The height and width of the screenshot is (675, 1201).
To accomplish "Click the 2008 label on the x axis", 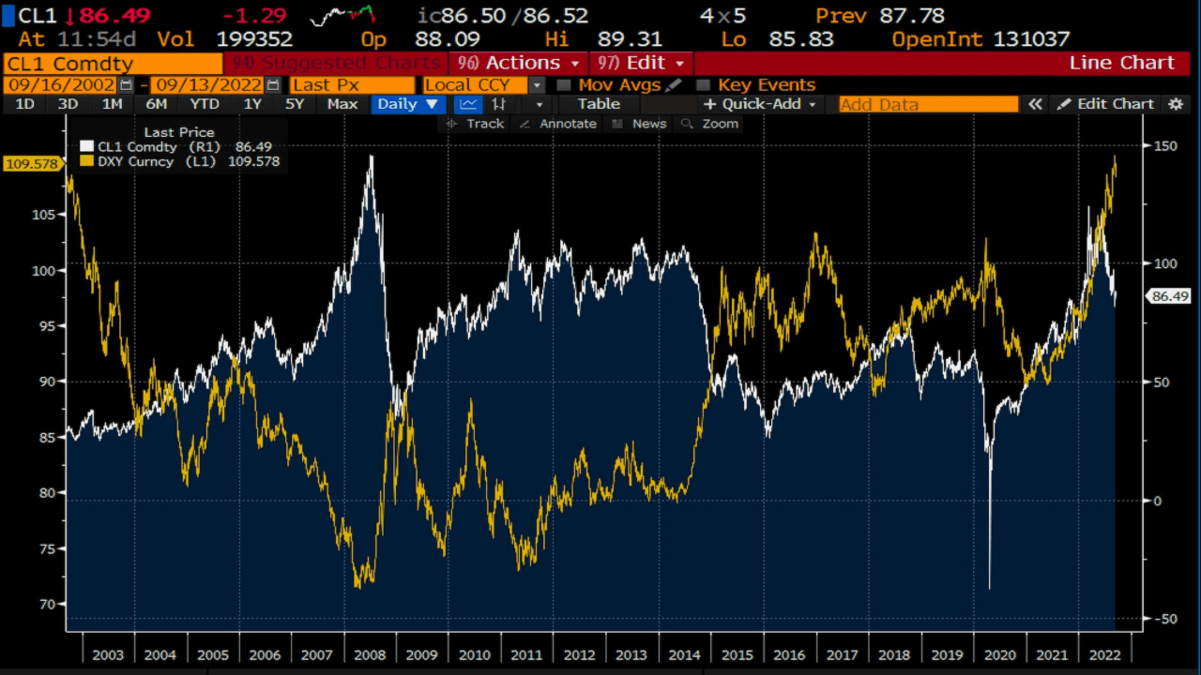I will [370, 654].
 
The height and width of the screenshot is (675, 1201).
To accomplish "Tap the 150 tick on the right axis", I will [1164, 145].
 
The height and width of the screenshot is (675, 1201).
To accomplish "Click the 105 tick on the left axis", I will [43, 215].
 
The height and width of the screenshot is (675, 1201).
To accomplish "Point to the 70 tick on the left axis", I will [47, 604].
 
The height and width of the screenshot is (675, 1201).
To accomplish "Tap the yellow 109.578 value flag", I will [32, 164].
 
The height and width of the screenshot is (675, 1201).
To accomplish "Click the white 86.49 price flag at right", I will [1169, 296].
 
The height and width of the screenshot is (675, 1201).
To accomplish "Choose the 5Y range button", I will [295, 104].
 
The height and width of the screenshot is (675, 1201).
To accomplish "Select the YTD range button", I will [205, 104].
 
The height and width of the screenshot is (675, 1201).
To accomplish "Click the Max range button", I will [342, 104].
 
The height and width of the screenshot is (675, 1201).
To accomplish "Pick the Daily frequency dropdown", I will [407, 104].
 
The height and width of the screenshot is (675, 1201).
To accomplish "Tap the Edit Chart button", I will [1106, 104].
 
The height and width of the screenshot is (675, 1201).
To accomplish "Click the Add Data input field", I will [927, 104].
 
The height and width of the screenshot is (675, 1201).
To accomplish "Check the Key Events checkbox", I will [703, 84].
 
